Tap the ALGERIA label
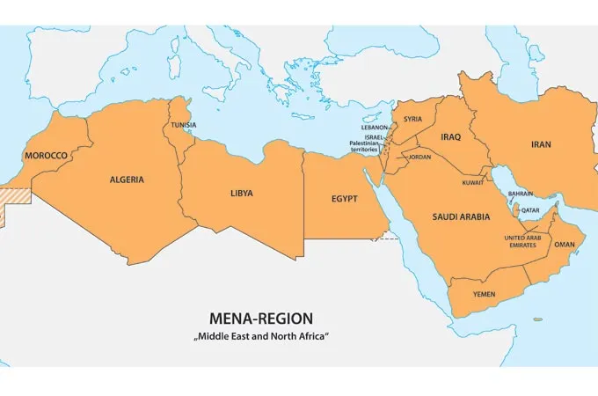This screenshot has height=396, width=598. (127, 180)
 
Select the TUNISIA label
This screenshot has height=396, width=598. (184, 125)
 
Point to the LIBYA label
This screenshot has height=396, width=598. (242, 192)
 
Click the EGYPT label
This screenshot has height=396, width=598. (345, 199)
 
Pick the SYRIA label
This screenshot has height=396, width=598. (412, 119)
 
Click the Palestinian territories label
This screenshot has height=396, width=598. (362, 147)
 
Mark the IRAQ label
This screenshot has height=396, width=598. (450, 136)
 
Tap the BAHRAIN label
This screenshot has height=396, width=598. (521, 194)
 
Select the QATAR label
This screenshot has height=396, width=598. (530, 210)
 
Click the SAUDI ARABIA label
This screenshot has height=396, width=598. (461, 216)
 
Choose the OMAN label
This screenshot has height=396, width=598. (565, 245)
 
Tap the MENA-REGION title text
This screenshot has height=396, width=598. (260, 318)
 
